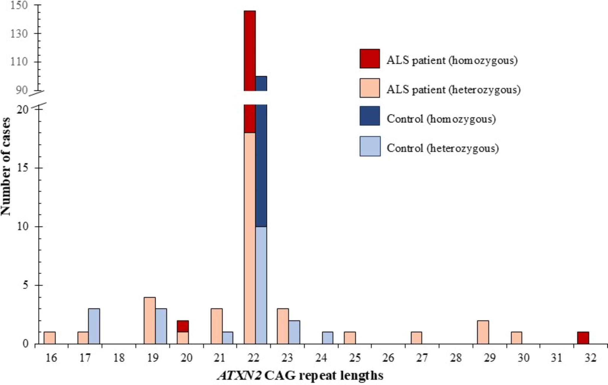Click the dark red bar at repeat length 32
583,338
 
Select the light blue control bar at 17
94,326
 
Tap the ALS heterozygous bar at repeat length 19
150,321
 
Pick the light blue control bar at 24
327,338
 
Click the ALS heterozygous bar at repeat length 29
483,332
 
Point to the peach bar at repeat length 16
50,338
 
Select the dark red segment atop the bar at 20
183,326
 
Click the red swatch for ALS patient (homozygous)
370,59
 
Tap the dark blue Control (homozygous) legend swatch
370,116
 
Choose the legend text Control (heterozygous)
443,148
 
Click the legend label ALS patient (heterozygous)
453,89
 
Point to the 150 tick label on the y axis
19,5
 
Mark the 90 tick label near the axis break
21,90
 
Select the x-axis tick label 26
388,358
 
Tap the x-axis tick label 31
557,358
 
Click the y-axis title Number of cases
6,166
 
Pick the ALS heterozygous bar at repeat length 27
416,338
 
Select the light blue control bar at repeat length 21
227,338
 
